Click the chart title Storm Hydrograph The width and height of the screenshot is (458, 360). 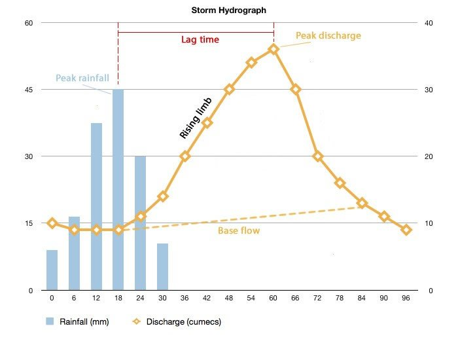coord(229,10)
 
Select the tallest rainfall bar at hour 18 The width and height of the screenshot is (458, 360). coord(118,190)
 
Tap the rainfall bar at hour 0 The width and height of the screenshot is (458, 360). coord(52,270)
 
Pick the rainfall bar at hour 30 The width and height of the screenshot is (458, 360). coord(162,266)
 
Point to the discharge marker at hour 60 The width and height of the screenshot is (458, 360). coord(273,49)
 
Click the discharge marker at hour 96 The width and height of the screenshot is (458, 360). coord(406,230)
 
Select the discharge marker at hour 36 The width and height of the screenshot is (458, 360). coord(185,156)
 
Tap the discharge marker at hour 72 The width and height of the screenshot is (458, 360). coord(318,156)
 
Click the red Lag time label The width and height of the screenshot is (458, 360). coord(200,39)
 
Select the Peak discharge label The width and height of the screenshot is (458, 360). coord(328,35)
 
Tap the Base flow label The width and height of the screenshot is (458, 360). coord(239,231)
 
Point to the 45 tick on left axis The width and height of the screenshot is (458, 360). coord(29,90)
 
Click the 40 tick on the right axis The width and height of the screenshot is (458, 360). coord(429,23)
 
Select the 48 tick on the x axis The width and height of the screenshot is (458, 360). coord(229,298)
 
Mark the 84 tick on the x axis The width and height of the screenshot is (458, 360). coord(362,298)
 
